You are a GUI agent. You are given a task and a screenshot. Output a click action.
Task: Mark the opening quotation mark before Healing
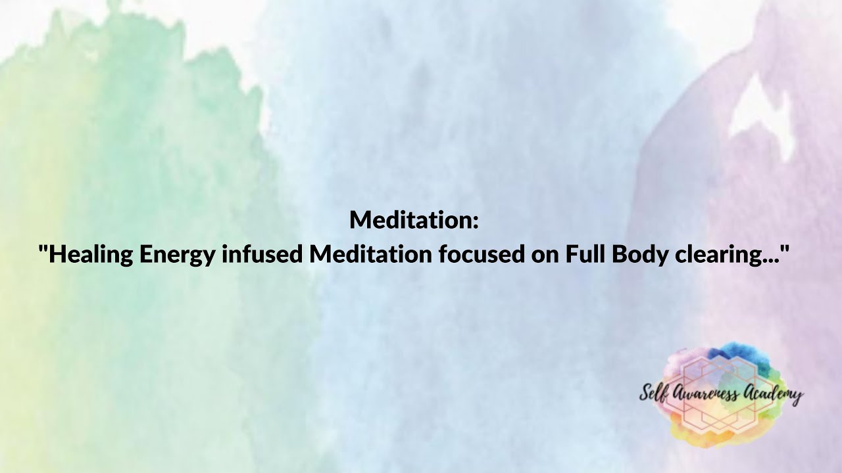pyautogui.click(x=42, y=248)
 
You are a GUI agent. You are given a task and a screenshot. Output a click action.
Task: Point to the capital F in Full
pyautogui.click(x=570, y=254)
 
